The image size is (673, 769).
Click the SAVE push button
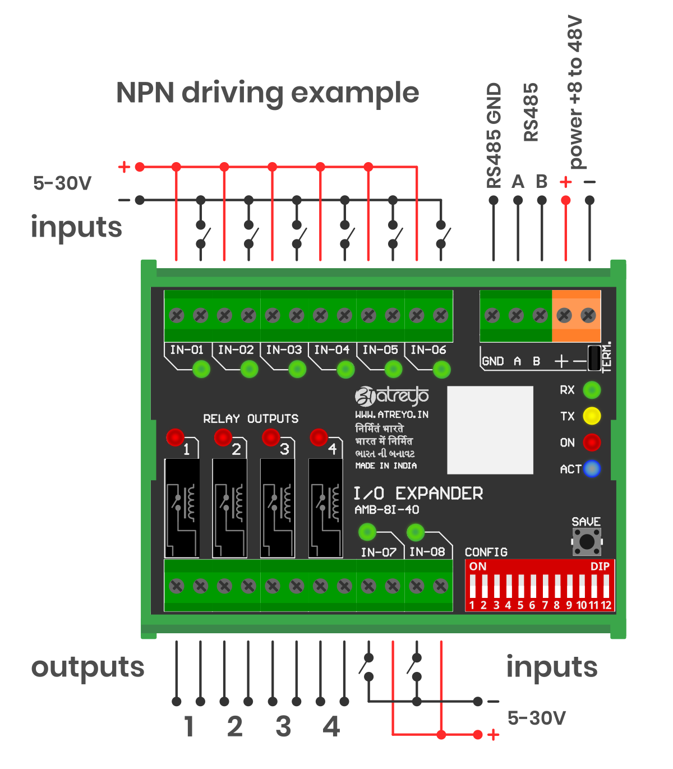pyautogui.click(x=587, y=542)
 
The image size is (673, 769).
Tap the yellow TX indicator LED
pyautogui.click(x=592, y=416)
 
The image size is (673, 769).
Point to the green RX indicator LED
pyautogui.click(x=592, y=390)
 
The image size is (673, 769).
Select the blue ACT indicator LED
pyautogui.click(x=592, y=468)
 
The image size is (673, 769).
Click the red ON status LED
pyautogui.click(x=592, y=442)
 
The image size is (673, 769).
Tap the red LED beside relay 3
pyautogui.click(x=271, y=437)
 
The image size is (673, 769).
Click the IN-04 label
pyautogui.click(x=332, y=350)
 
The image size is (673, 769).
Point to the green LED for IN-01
pyautogui.click(x=201, y=369)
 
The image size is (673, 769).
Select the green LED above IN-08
pyautogui.click(x=416, y=531)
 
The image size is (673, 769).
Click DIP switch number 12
pyautogui.click(x=606, y=586)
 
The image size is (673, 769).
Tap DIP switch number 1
pyautogui.click(x=472, y=586)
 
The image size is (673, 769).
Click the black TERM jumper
pyautogui.click(x=594, y=358)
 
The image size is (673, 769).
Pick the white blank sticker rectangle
pyautogui.click(x=490, y=430)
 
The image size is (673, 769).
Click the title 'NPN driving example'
pyautogui.click(x=268, y=93)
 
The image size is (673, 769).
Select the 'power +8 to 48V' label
pyautogui.click(x=576, y=93)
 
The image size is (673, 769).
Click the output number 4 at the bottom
pyautogui.click(x=331, y=727)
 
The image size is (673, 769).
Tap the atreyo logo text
pyautogui.click(x=393, y=396)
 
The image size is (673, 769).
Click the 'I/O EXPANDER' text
pyautogui.click(x=418, y=494)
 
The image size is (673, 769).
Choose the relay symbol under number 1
pyautogui.click(x=182, y=508)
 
